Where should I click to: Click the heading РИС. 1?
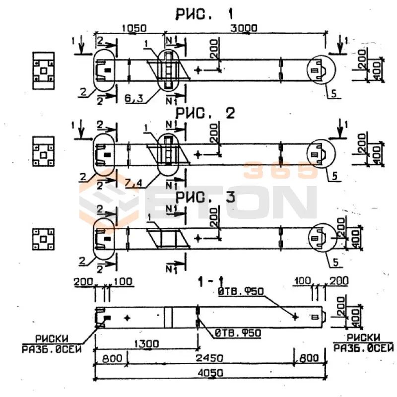[x=204, y=13]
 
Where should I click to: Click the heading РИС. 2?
[x=204, y=114]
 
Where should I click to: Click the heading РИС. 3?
[x=204, y=198]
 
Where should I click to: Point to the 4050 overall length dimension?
[x=210, y=373]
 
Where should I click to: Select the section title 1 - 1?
[x=209, y=282]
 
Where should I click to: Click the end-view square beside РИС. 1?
[x=44, y=68]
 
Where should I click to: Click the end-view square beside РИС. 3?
[x=44, y=239]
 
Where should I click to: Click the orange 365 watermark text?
[x=280, y=171]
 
